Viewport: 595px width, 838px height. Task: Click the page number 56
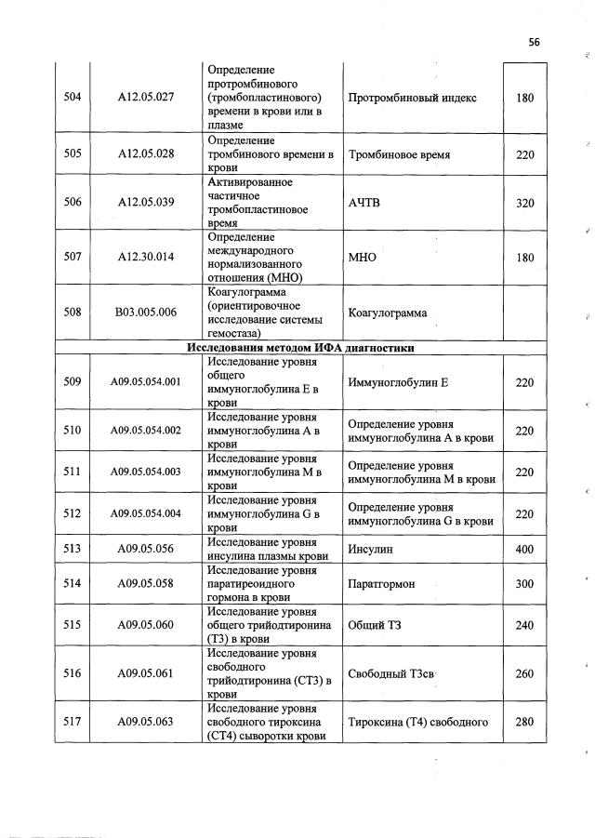point(534,42)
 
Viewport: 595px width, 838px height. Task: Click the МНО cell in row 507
point(362,257)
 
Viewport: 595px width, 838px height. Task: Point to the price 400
point(524,550)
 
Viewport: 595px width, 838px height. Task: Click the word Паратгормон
point(381,583)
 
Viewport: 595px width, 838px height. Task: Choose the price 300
point(524,583)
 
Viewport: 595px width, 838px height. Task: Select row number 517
point(71,721)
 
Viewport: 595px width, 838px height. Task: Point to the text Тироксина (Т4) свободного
point(416,721)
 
